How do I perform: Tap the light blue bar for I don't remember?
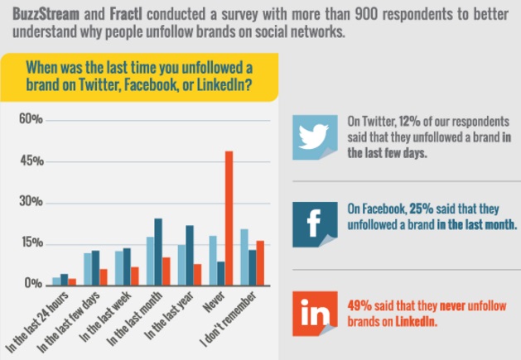pyautogui.click(x=244, y=257)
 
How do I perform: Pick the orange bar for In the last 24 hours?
pyautogui.click(x=72, y=281)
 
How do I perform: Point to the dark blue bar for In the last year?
pyautogui.click(x=190, y=255)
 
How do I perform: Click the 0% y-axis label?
pyautogui.click(x=32, y=284)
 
